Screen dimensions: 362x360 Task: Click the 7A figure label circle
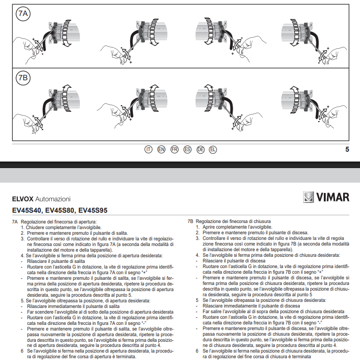coord(23,15)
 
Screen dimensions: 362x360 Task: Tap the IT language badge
coord(149,150)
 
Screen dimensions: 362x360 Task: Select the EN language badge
coord(161,150)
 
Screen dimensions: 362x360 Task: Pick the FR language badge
coord(174,150)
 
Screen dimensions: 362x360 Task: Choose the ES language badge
coord(187,150)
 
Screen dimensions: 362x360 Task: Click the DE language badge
coord(200,150)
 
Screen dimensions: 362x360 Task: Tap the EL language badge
coord(213,150)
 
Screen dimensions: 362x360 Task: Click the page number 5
coord(347,150)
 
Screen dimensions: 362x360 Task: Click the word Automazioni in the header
coord(52,200)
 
